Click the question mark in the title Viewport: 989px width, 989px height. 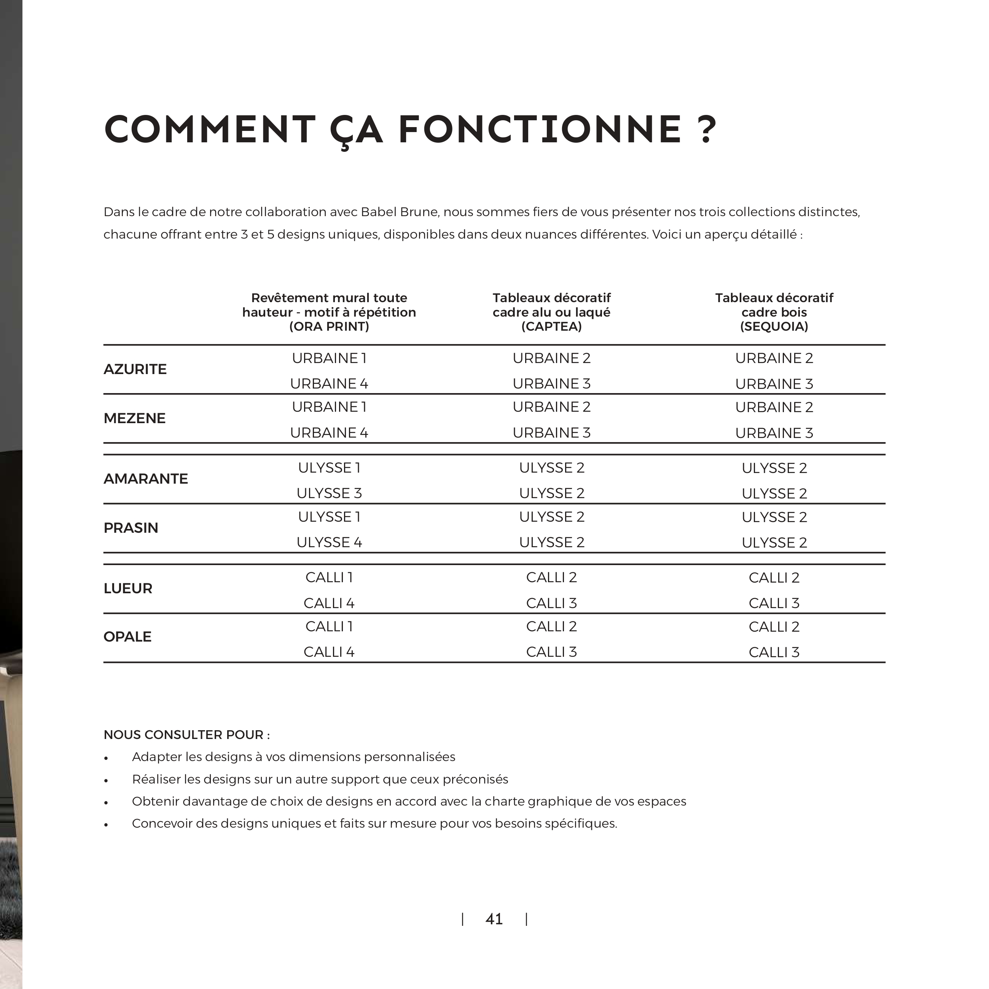707,129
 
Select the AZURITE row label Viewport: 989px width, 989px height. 135,369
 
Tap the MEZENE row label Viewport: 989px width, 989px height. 135,418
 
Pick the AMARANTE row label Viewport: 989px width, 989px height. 146,479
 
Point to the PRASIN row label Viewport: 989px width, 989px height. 131,528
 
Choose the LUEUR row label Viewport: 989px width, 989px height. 128,588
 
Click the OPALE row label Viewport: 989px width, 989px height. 127,637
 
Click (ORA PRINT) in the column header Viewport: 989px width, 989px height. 329,326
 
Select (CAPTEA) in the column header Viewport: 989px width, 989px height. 551,326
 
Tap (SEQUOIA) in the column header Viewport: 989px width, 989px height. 774,326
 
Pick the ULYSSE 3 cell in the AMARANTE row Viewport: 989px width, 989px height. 329,493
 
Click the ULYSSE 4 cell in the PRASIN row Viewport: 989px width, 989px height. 329,542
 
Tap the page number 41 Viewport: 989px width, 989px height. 494,919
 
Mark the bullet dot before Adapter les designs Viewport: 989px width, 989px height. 106,758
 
